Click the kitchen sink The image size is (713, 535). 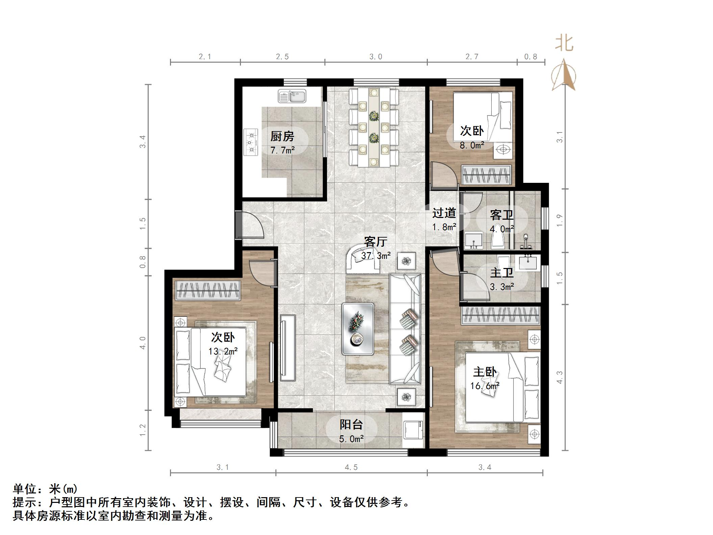pos(292,96)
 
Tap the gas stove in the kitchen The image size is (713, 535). pos(250,142)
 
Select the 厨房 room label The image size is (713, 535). pos(282,137)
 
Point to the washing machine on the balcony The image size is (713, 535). pos(413,430)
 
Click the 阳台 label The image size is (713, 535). pos(351,424)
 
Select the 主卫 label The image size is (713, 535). pos(502,273)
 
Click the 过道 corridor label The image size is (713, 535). pos(444,213)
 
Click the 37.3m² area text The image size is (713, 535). pos(376,256)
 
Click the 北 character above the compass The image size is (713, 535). pos(564,44)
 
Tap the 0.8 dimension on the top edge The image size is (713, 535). pos(531,56)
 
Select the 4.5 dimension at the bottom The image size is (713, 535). pos(351,467)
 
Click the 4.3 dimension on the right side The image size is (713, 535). pos(560,377)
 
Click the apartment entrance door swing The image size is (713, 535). pos(252,225)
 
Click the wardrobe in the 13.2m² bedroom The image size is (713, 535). pos(208,290)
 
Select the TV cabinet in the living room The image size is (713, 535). pos(288,347)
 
